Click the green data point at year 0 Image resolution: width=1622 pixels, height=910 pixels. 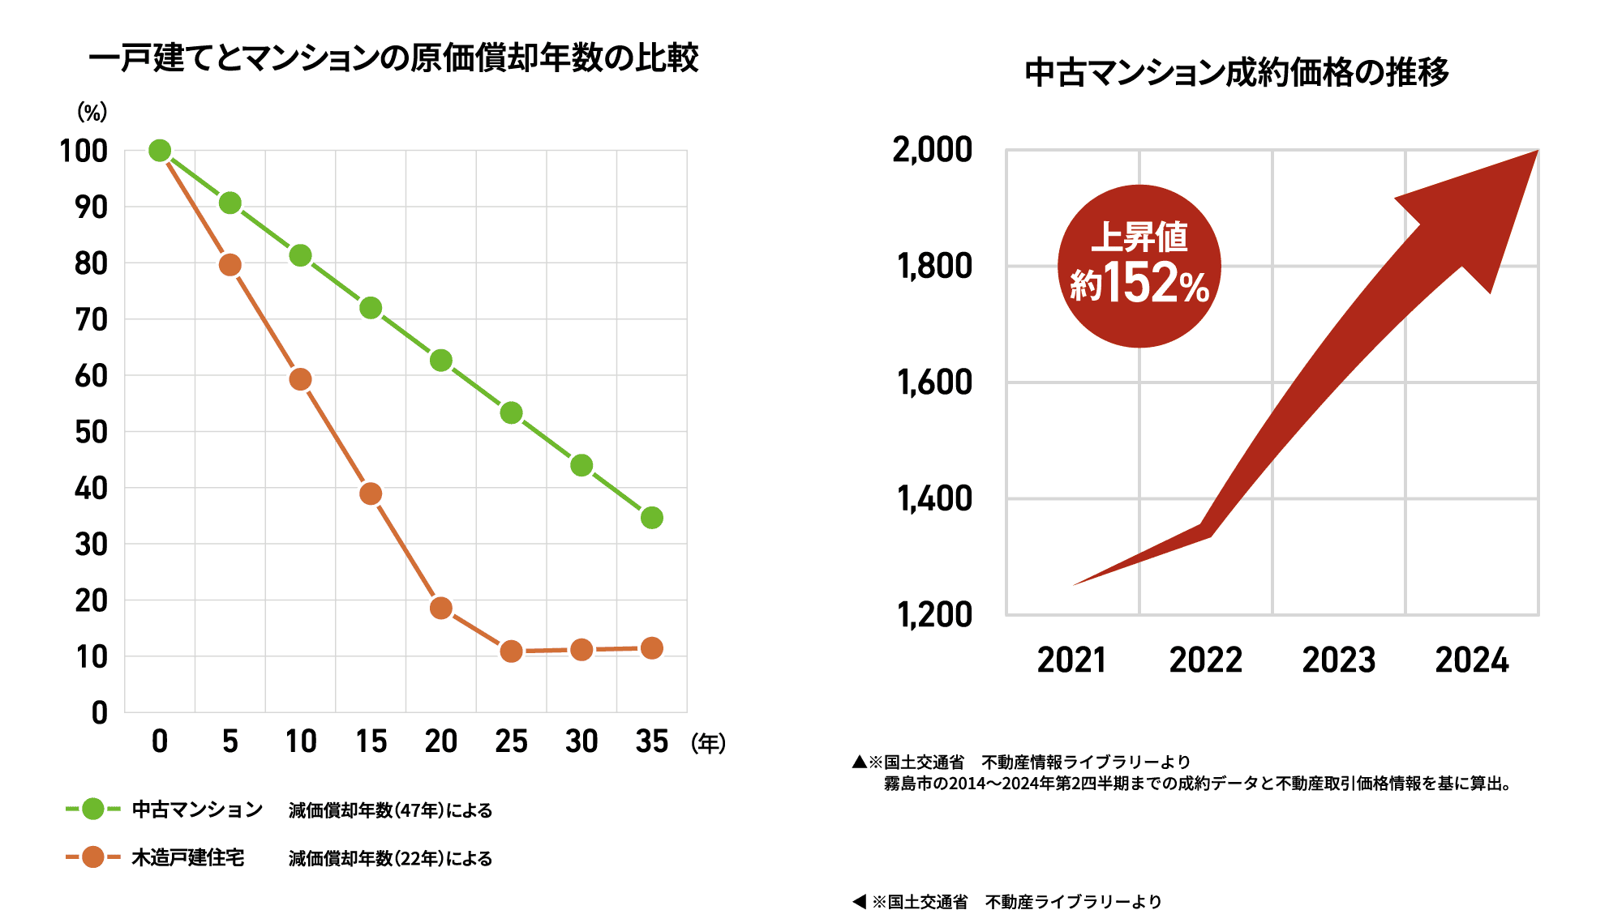160,151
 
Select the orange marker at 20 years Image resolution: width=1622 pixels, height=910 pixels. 441,608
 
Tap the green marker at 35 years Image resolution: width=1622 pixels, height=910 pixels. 652,518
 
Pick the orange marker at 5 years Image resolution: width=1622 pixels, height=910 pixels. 230,265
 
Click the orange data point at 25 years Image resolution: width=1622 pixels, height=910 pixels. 511,652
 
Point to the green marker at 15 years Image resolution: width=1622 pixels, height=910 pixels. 371,308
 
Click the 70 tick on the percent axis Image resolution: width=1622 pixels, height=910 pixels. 91,320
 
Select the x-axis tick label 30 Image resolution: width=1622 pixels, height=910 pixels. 581,741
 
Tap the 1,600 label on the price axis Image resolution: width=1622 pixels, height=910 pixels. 934,382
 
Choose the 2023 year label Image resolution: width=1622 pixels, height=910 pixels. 1339,660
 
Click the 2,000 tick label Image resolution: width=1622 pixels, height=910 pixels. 933,150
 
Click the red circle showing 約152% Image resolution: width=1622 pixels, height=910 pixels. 1139,267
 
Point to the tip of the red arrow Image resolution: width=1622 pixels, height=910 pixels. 1535,152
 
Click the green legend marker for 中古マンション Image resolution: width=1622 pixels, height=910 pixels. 93,809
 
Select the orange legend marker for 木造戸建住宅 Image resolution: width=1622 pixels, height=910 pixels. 93,857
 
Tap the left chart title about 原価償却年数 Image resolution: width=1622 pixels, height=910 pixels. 393,58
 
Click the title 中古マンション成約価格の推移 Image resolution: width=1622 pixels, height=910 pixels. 1237,72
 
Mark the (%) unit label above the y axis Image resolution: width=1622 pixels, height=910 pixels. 92,112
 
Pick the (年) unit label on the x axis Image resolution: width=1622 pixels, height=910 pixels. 708,743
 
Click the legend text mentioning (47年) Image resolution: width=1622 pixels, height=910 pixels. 390,810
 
